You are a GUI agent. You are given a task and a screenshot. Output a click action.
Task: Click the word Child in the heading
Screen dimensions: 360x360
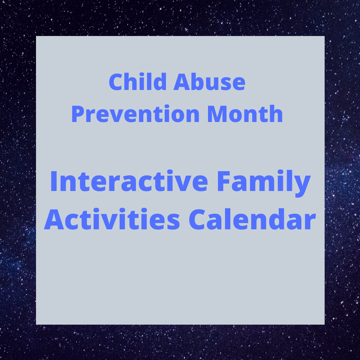(x=137, y=82)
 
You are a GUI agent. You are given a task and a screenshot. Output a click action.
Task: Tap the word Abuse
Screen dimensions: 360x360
(x=209, y=82)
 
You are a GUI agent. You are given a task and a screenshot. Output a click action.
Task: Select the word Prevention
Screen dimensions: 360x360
(x=135, y=114)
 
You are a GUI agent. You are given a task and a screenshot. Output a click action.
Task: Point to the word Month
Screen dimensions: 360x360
(x=245, y=114)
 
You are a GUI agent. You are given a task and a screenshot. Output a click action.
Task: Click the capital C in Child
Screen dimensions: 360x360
(x=116, y=83)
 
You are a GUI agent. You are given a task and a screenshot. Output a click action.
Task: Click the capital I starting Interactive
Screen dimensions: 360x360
(x=54, y=182)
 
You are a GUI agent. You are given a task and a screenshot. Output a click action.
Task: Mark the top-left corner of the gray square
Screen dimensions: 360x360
(x=36, y=36)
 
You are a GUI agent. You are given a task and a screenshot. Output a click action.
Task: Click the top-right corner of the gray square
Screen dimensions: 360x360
(x=324, y=36)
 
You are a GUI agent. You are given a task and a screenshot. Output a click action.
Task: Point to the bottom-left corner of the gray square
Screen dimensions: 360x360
(x=36, y=324)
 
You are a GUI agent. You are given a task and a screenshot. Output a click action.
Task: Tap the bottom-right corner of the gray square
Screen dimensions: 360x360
(x=324, y=324)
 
